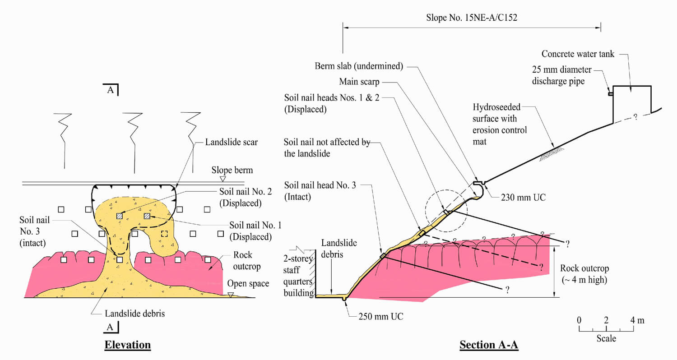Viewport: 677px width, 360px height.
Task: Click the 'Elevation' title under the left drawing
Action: [128, 345]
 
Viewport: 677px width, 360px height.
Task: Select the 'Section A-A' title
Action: [489, 345]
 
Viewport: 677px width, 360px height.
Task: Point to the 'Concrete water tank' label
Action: [578, 54]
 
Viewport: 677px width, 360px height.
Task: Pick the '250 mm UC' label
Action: [380, 316]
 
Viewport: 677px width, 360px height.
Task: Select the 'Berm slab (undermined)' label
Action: [359, 66]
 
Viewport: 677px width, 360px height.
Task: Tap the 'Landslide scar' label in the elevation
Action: [231, 143]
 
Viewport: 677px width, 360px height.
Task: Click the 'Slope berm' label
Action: [233, 171]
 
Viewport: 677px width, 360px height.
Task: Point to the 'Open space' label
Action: [248, 284]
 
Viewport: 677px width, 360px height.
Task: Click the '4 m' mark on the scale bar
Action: [638, 320]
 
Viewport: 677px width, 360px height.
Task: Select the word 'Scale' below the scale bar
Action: [606, 338]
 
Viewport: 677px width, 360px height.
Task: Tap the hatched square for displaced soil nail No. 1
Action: [147, 217]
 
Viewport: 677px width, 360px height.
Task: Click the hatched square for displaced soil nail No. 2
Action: [119, 217]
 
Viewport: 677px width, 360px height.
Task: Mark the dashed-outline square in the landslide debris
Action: [165, 234]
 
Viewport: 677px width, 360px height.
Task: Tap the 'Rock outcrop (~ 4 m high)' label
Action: [584, 274]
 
